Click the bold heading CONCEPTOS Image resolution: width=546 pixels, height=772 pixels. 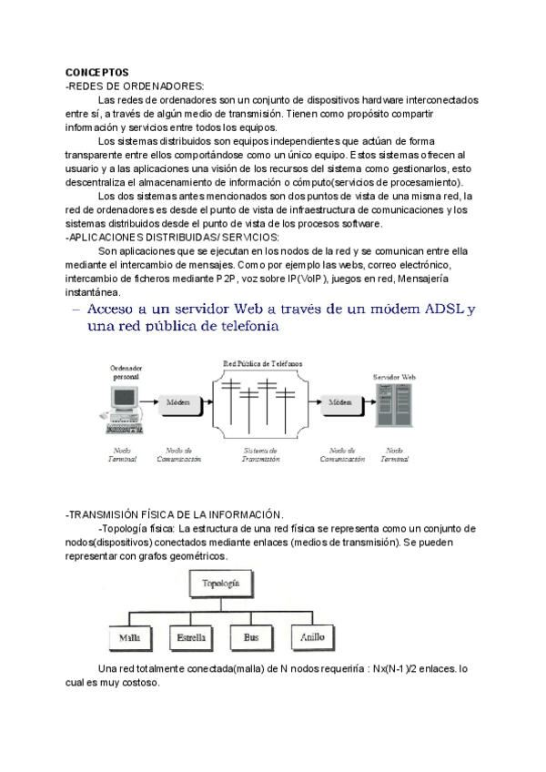pos(97,72)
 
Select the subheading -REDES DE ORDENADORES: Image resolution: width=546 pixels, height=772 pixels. pos(135,85)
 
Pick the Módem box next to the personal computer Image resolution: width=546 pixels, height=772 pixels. pos(177,402)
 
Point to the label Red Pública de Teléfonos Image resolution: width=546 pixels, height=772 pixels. pos(263,363)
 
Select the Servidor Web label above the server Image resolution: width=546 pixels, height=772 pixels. pos(395,375)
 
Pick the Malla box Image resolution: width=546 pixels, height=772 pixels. pos(129,637)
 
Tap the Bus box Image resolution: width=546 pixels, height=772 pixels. pos(251,637)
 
